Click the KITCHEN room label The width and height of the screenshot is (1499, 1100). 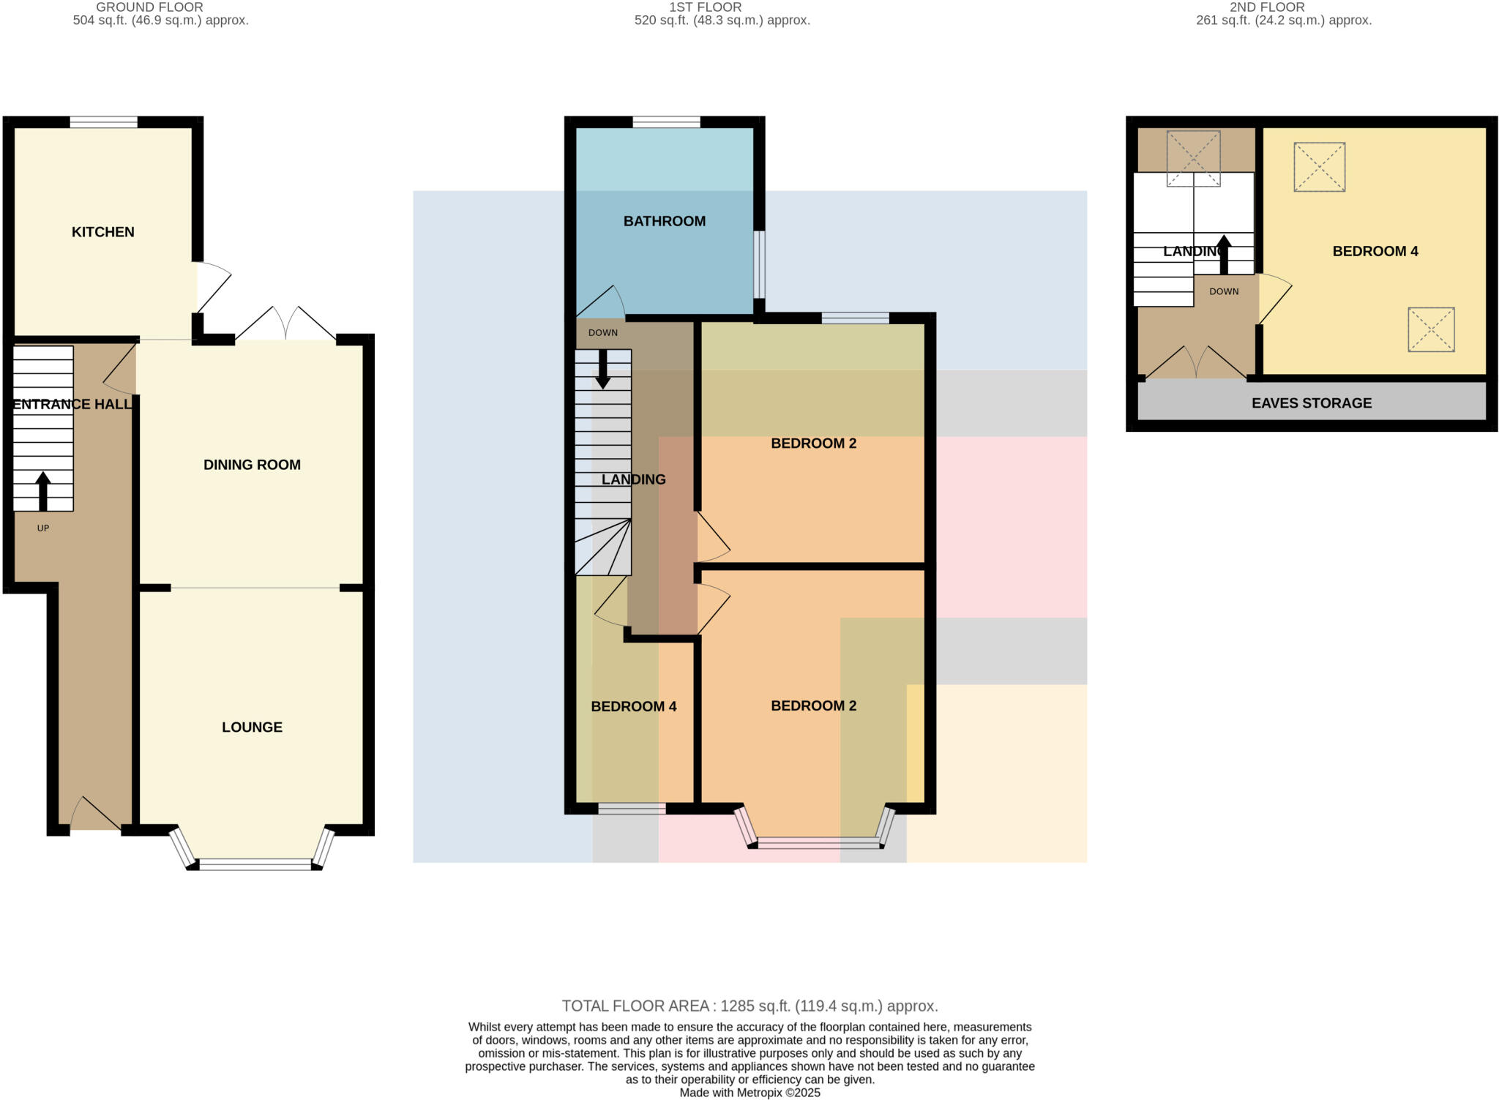click(102, 232)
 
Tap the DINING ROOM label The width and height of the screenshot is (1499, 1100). click(252, 465)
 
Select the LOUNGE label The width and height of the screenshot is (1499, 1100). click(252, 727)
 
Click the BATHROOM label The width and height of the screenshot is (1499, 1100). click(664, 221)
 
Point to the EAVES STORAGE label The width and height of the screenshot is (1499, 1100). click(1311, 403)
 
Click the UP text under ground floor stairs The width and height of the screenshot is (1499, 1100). click(43, 528)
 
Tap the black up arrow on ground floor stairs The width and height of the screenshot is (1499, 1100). click(43, 491)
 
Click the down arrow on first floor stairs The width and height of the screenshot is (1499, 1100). click(602, 368)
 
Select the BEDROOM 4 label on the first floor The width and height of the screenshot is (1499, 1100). click(633, 706)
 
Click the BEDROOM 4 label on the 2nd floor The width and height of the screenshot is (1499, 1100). click(1375, 251)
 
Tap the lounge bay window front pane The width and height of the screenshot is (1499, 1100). click(255, 864)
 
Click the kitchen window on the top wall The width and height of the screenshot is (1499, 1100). click(103, 122)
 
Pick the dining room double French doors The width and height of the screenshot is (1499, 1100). click(286, 324)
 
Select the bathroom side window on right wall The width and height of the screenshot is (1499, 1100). click(760, 264)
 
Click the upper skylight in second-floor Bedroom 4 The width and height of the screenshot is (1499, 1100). click(1319, 167)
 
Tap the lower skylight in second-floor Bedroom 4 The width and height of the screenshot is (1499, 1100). click(1430, 329)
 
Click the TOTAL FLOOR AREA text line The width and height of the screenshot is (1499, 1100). click(749, 1006)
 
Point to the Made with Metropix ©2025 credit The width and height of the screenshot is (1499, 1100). click(749, 1093)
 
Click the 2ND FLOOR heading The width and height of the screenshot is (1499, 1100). click(1266, 7)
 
